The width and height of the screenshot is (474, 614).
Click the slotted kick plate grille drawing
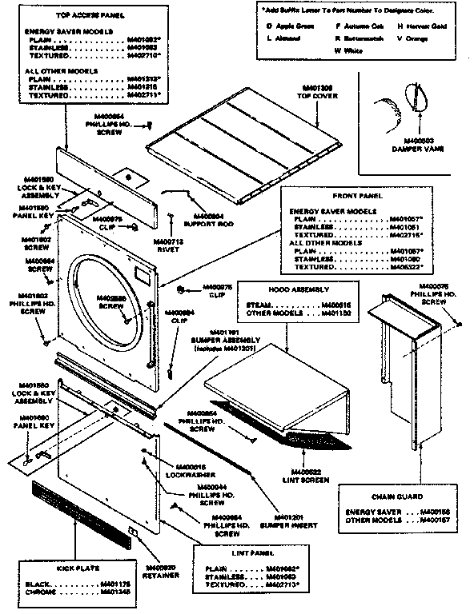[x=81, y=515]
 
